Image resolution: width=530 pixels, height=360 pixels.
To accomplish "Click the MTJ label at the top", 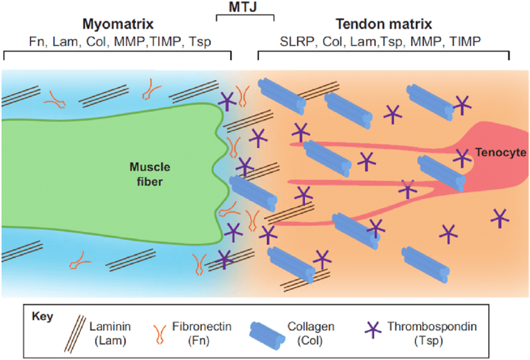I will click(244, 6).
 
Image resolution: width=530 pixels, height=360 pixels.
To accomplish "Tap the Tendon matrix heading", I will click(383, 24).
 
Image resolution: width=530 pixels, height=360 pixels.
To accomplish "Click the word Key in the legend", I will click(42, 315).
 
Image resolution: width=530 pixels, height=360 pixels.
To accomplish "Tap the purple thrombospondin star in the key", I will click(372, 329).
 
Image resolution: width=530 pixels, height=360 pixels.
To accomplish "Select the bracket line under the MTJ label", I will click(244, 14).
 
